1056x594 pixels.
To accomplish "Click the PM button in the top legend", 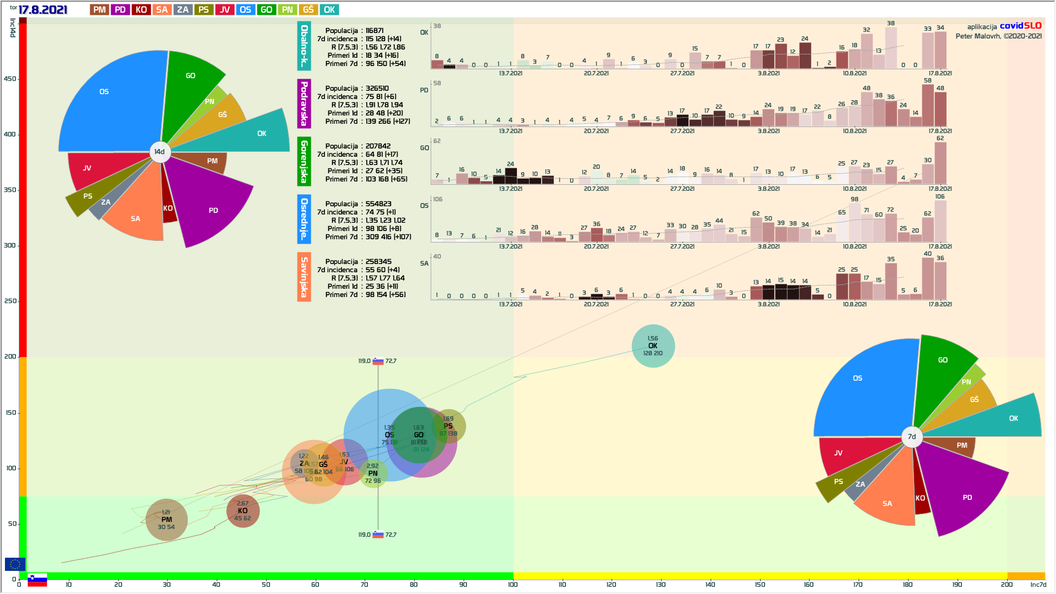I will tap(100, 10).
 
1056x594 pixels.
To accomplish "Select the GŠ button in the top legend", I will tap(309, 10).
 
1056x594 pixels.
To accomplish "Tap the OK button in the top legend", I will tap(329, 10).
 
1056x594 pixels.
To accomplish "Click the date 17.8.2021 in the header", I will tap(43, 10).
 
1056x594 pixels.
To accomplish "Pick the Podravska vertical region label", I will tap(304, 103).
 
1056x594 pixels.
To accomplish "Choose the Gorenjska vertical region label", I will tap(304, 161).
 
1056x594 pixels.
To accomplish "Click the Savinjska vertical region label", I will tap(304, 277).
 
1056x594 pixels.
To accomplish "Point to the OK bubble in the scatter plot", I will tap(653, 346).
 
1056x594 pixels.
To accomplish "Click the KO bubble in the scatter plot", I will tap(243, 511).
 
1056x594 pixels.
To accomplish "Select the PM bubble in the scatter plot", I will tap(167, 520).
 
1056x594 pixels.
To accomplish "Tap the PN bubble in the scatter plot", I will tap(373, 474).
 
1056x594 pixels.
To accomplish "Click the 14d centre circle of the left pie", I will tap(159, 152).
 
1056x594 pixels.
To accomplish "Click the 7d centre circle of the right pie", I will tap(912, 437).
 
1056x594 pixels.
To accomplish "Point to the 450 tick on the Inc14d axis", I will tap(10, 79).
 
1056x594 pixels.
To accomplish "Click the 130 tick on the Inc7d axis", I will tap(661, 585).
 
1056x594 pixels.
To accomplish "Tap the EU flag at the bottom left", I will tap(15, 564).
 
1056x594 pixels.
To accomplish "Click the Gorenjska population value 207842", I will tap(378, 146).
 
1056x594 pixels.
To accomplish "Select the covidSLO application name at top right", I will tap(1020, 26).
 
